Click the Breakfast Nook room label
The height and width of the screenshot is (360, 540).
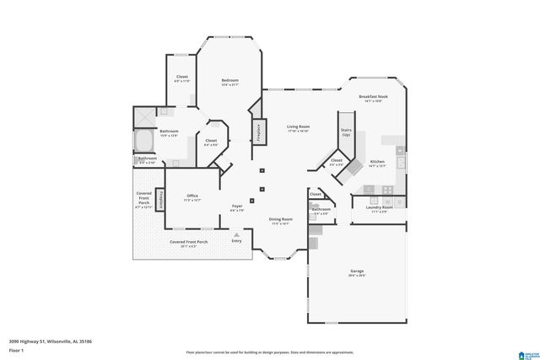(372, 98)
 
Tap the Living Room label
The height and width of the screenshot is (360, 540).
(298, 128)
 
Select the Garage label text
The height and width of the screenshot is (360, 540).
(357, 272)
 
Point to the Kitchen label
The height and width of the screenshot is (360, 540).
(377, 163)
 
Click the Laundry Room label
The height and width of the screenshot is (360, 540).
(379, 208)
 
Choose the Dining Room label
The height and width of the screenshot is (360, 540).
(280, 221)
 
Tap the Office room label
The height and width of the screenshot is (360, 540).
(192, 197)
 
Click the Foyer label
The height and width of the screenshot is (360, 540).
(237, 207)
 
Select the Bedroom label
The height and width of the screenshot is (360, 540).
(229, 83)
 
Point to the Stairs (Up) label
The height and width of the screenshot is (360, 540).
(345, 132)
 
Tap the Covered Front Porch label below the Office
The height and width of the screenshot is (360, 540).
(188, 243)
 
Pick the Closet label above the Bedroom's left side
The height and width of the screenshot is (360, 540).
(182, 79)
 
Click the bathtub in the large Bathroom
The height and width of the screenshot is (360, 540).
(145, 140)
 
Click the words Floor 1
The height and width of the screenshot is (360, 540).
(16, 349)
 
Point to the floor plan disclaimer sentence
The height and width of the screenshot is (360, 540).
(269, 352)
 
